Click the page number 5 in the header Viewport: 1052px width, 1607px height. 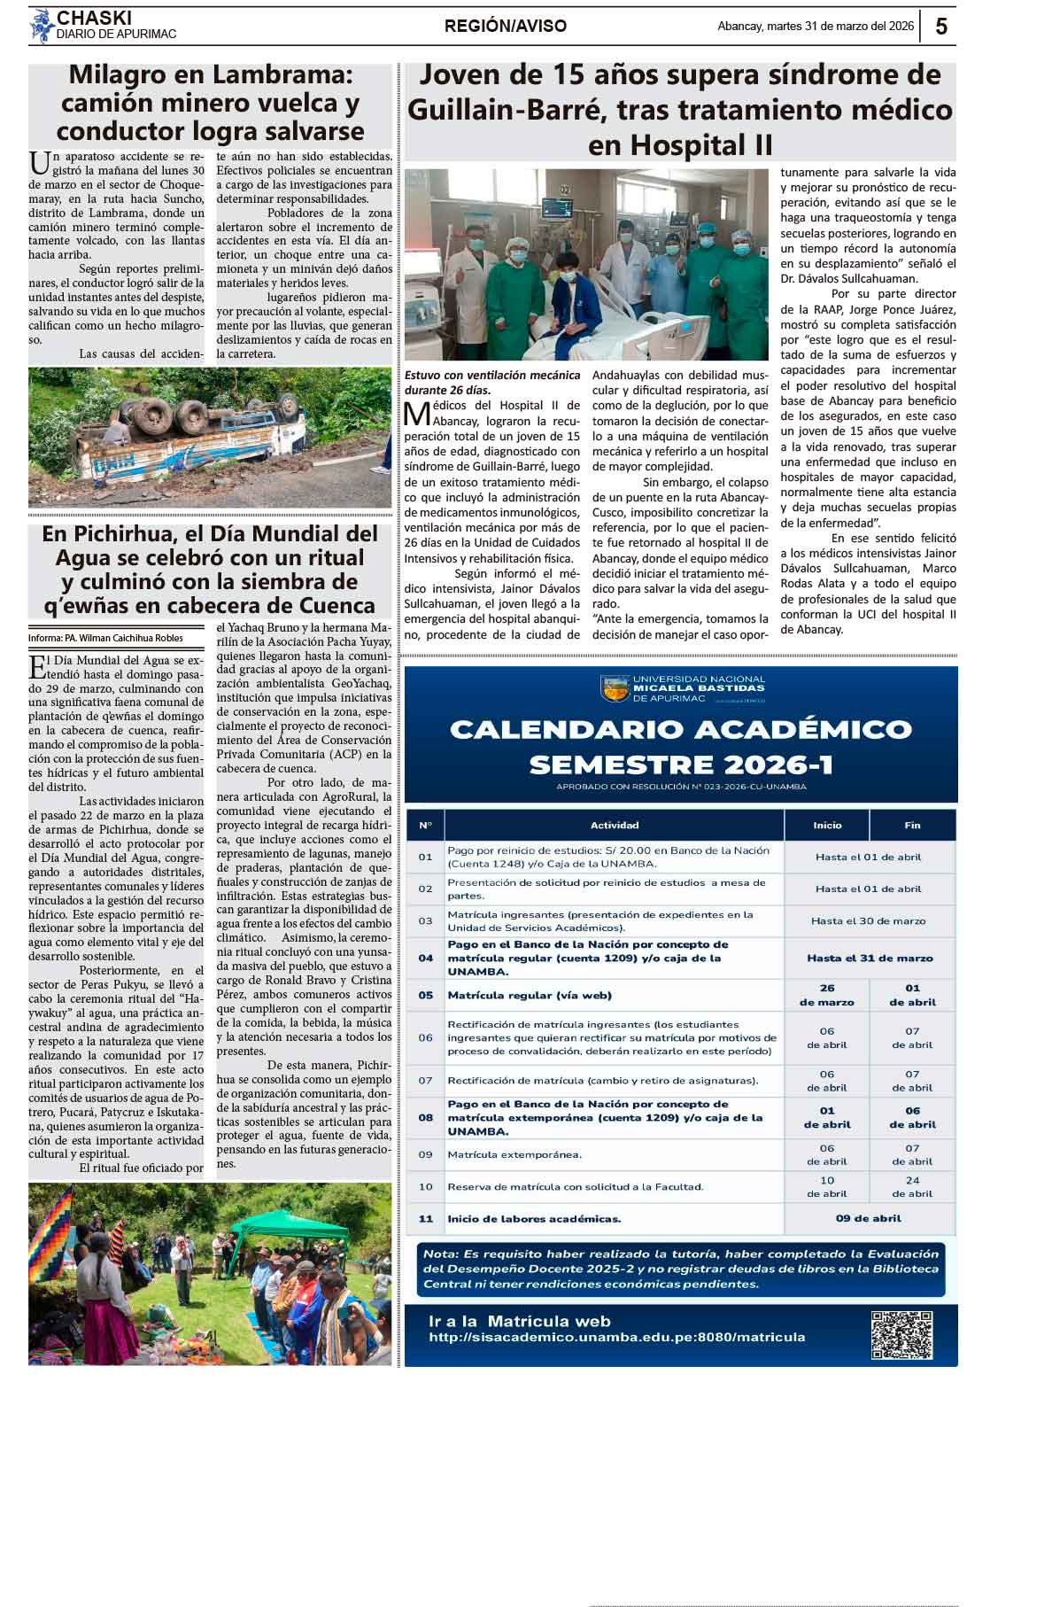click(x=940, y=27)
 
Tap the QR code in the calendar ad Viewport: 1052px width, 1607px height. click(x=901, y=1335)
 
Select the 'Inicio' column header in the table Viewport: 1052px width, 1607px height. click(x=827, y=825)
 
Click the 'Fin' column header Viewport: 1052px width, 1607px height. click(x=912, y=825)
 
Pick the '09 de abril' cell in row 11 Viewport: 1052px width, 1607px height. click(x=868, y=1218)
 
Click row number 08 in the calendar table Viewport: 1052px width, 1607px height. click(x=426, y=1118)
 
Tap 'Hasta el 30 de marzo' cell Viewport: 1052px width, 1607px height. click(x=868, y=920)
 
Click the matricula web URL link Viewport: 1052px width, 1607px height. click(x=616, y=1337)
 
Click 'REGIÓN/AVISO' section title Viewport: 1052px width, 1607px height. click(x=505, y=27)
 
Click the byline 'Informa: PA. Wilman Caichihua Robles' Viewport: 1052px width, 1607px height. click(x=105, y=638)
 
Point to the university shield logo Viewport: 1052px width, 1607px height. click(x=615, y=688)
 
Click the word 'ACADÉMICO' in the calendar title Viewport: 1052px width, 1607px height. click(x=803, y=729)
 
